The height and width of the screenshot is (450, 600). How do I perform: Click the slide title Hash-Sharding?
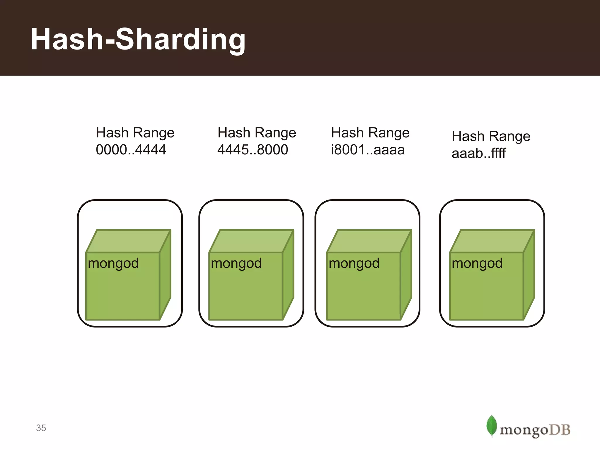tap(138, 40)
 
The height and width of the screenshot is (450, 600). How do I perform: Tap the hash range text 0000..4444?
tap(131, 150)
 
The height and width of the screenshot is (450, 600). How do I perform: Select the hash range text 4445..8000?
tap(253, 150)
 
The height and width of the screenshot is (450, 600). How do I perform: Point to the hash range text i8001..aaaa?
tap(368, 150)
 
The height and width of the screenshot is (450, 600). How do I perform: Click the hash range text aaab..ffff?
tap(478, 153)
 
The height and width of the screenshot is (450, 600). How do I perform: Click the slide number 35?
tap(41, 428)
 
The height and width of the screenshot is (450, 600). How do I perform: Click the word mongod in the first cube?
tap(113, 263)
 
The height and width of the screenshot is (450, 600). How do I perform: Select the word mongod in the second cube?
tap(236, 263)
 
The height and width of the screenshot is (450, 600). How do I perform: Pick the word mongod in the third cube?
tap(354, 263)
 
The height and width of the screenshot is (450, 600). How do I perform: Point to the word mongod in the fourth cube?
tap(477, 263)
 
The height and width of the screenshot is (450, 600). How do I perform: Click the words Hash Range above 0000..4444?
tap(135, 133)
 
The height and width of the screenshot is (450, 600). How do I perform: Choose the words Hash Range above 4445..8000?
tap(257, 133)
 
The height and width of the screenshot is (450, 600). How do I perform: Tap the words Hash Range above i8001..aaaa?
tap(370, 133)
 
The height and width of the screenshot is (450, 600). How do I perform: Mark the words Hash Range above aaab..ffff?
tap(491, 136)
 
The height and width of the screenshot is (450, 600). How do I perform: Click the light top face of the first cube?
tap(128, 241)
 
